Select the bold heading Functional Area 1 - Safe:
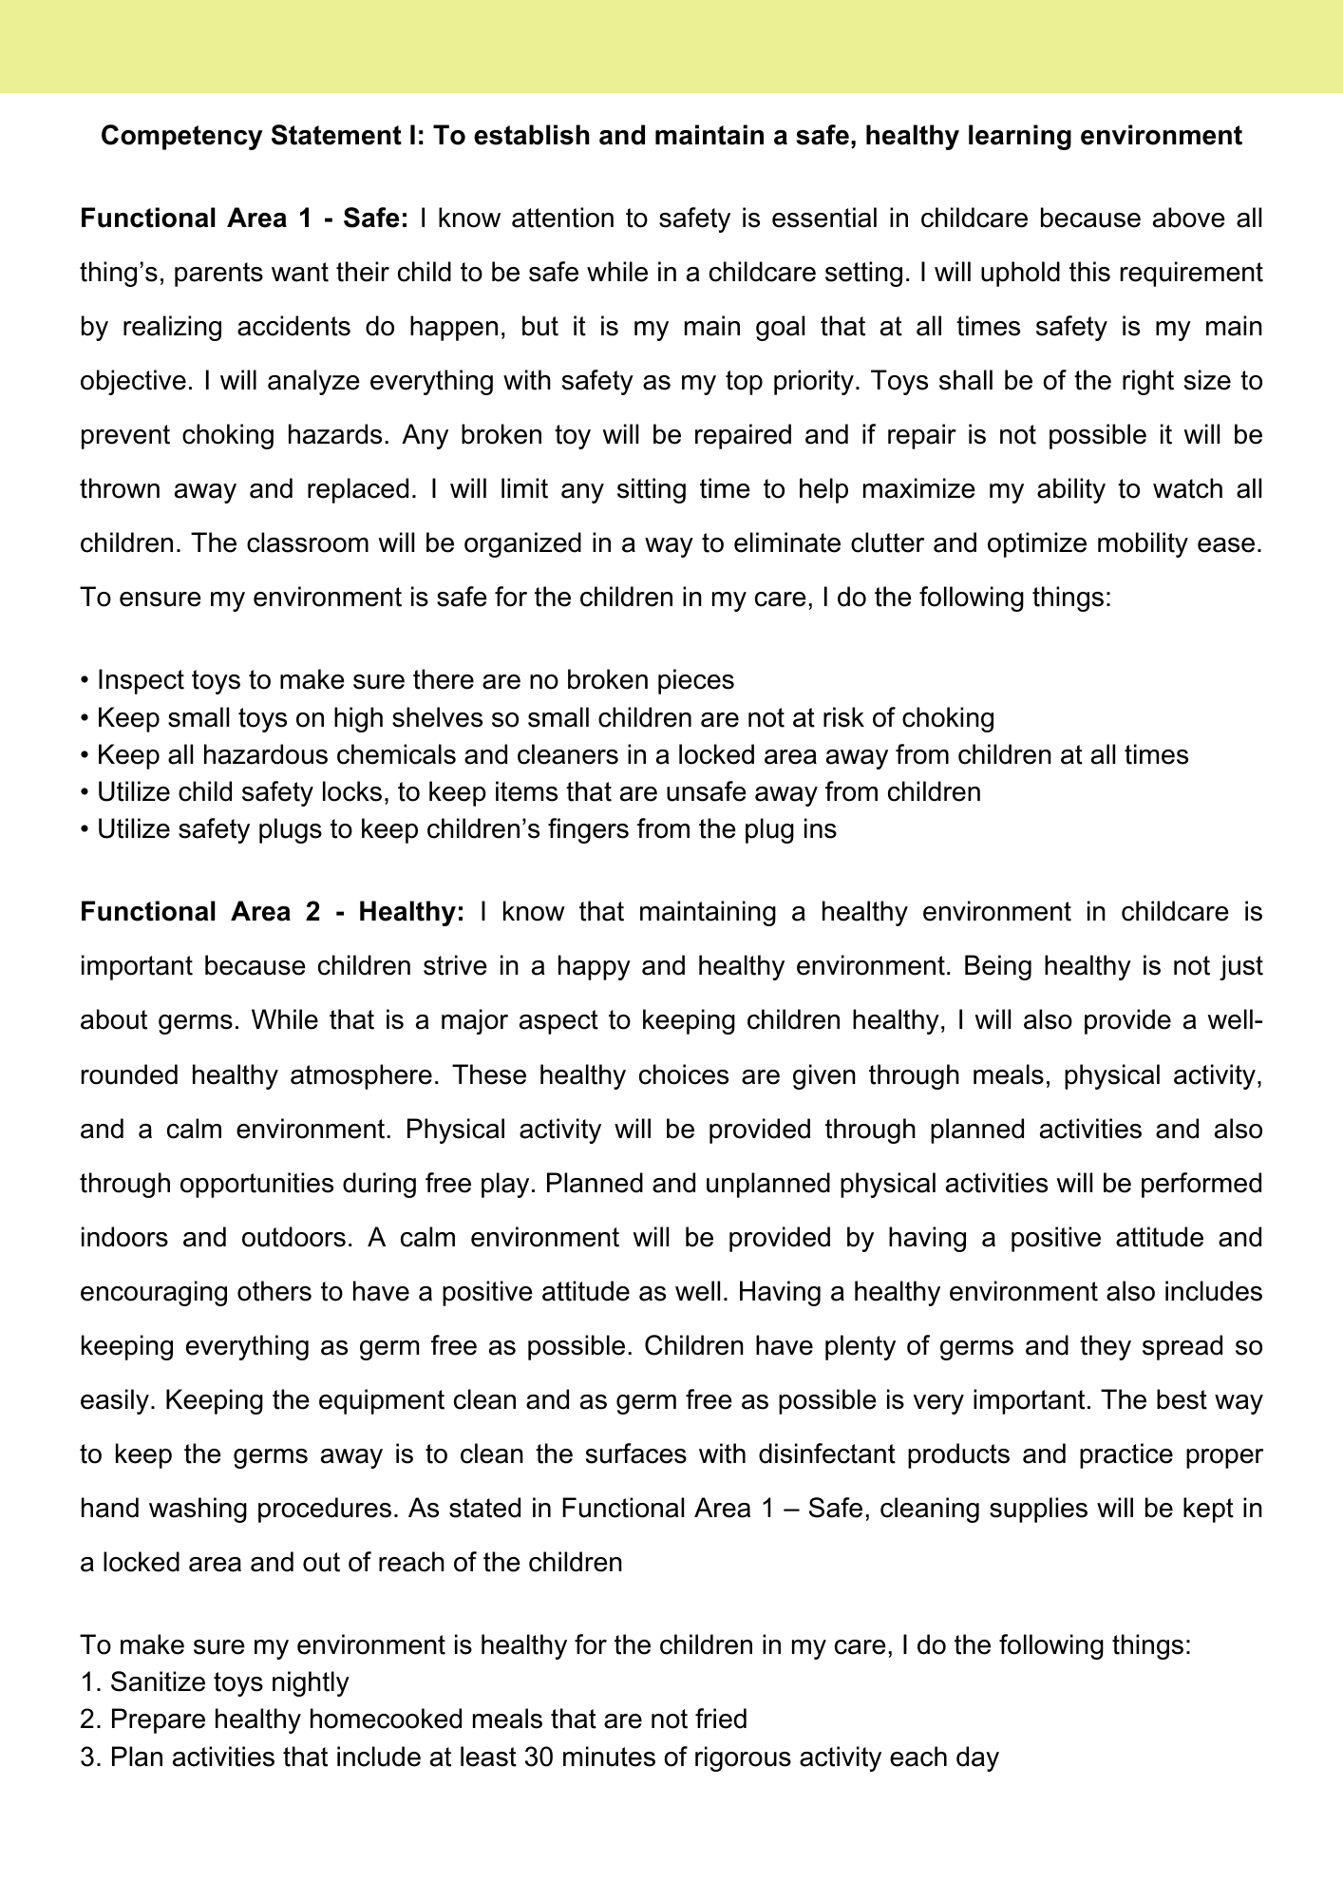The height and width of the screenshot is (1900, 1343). [244, 218]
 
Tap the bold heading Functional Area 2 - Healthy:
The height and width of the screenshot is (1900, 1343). [273, 912]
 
